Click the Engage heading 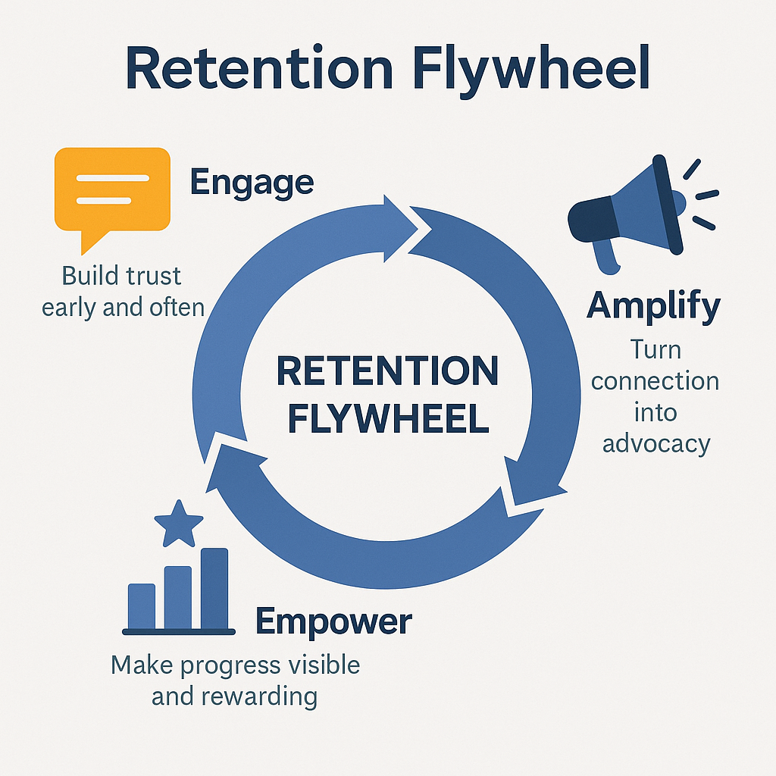251,183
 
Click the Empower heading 333,621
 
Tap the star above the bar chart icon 179,523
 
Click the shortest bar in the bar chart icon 142,605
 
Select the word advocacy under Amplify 657,443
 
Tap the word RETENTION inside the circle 387,371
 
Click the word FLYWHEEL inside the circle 387,418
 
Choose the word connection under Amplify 655,380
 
